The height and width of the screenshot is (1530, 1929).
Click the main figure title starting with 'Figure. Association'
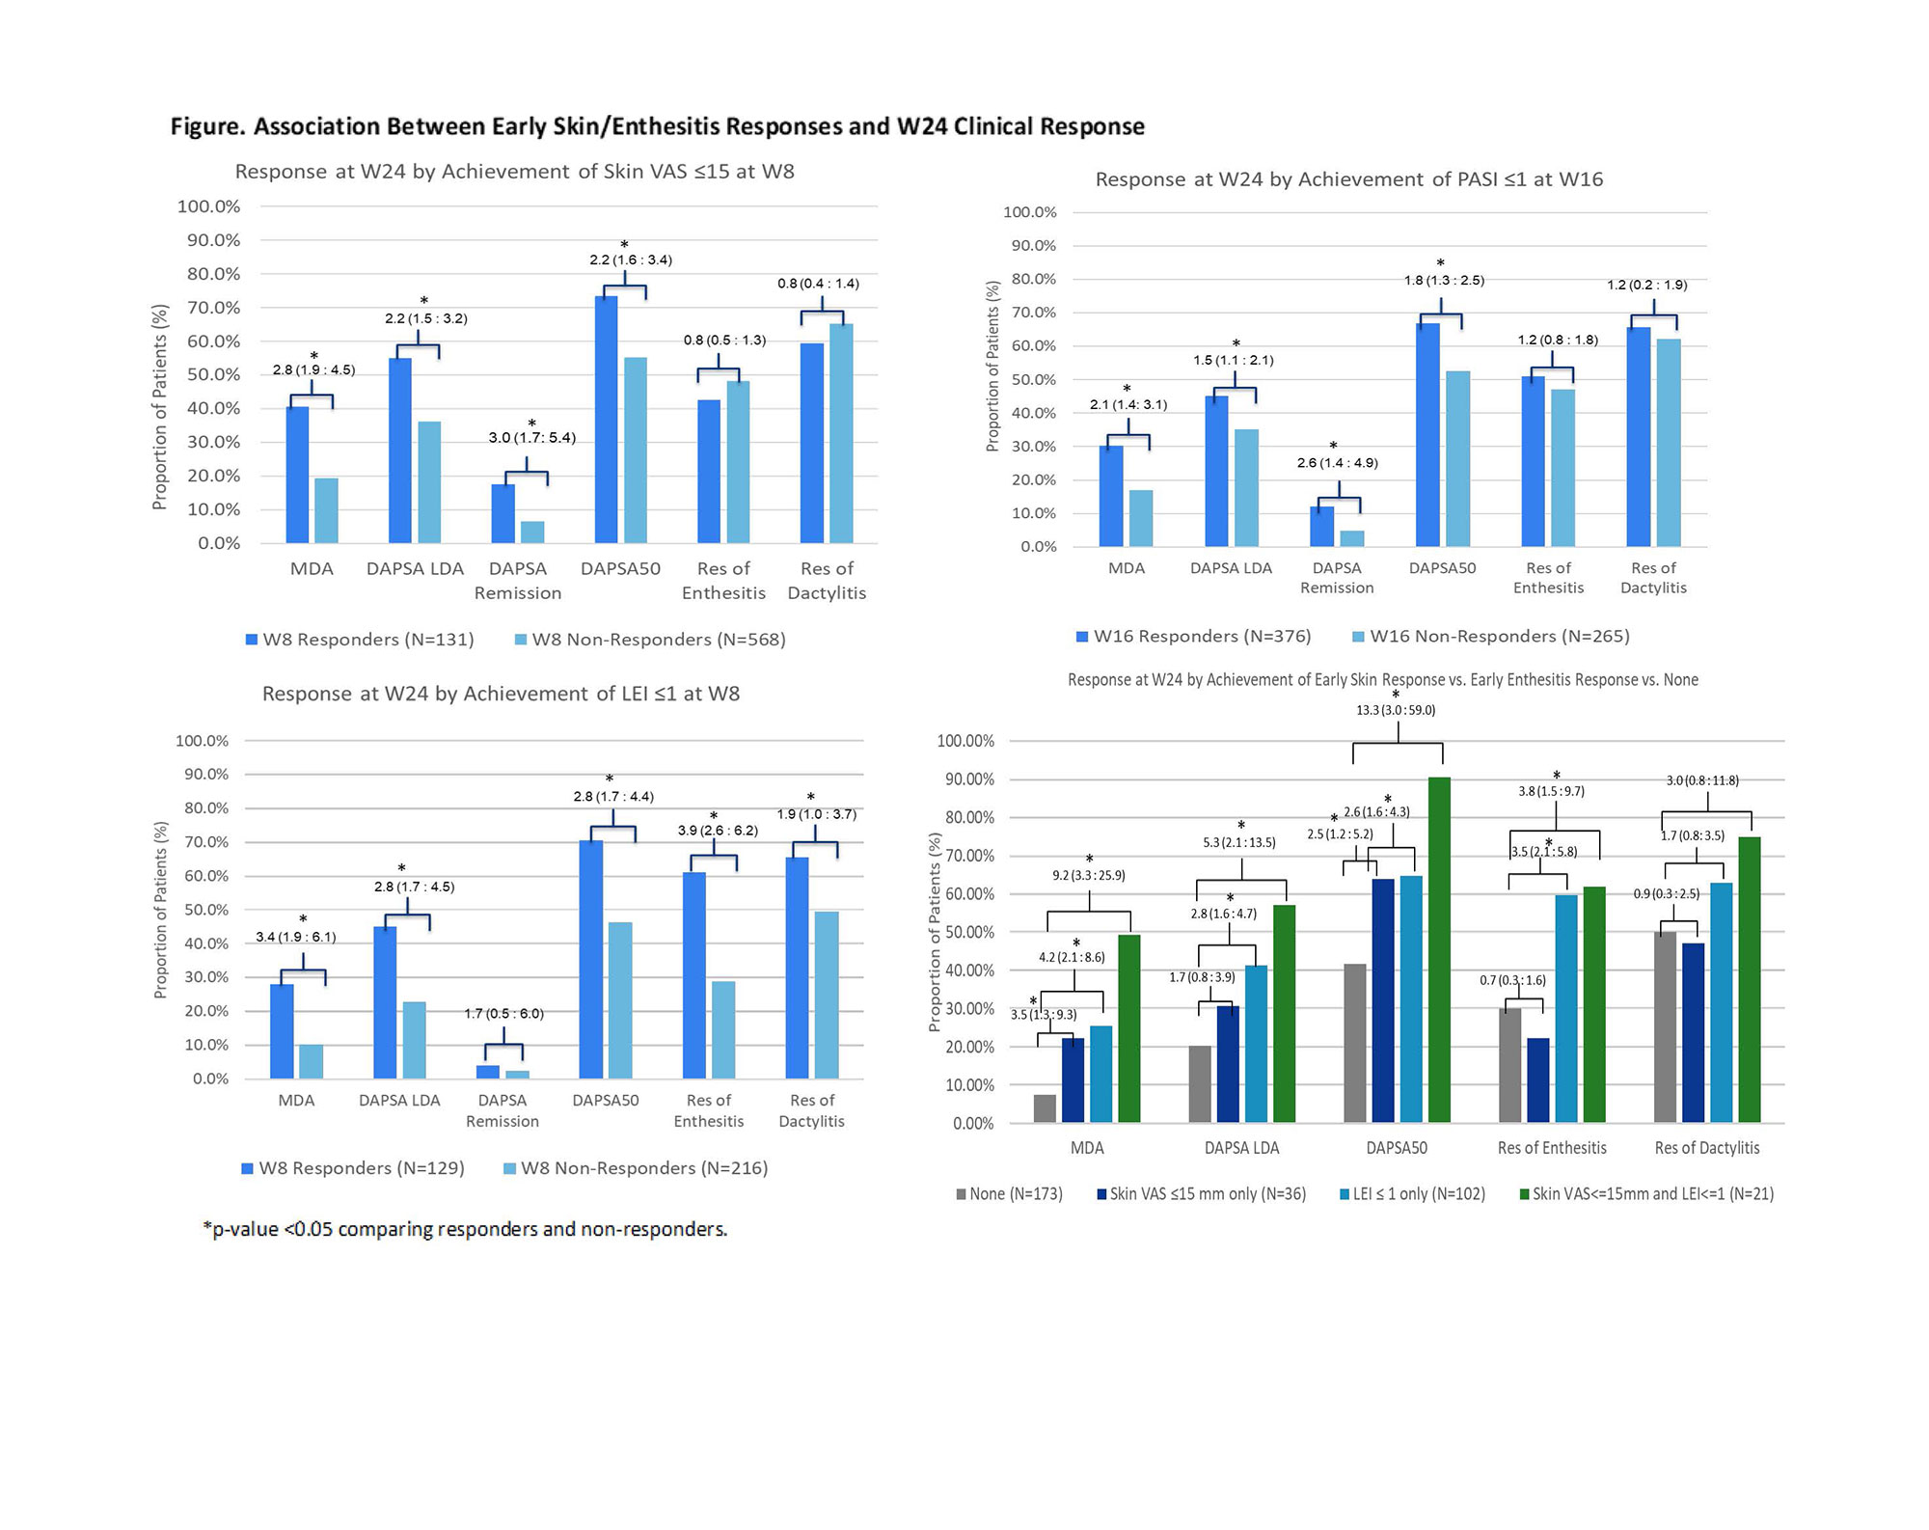pos(657,126)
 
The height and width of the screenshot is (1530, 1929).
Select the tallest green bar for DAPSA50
pos(1439,949)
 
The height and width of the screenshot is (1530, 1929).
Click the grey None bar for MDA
pos(1045,1108)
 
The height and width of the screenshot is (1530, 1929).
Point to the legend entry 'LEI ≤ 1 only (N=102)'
pos(1412,1194)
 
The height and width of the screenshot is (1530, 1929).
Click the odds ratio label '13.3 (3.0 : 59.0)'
pos(1396,710)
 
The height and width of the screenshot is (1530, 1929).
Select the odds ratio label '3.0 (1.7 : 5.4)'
pos(531,438)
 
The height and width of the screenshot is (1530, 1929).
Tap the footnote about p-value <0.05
pos(465,1229)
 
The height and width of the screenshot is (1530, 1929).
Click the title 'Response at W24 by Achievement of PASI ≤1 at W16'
pos(1348,179)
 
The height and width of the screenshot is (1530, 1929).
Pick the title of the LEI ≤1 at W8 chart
pos(501,694)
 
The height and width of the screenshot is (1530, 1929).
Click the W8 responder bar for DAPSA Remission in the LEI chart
pos(488,1072)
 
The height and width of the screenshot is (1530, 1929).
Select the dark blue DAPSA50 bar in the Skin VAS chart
pos(606,420)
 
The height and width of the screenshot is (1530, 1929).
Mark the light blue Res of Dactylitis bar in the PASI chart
pos(1669,443)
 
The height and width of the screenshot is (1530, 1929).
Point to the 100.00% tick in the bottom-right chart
pos(965,741)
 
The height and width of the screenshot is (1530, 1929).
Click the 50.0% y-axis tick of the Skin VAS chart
pos(213,374)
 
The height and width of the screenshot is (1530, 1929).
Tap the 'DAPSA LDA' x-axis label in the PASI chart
pos(1231,568)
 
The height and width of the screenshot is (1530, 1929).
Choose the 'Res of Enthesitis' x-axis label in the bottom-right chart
pos(1552,1148)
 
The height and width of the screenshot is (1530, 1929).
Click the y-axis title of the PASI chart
pos(992,367)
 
